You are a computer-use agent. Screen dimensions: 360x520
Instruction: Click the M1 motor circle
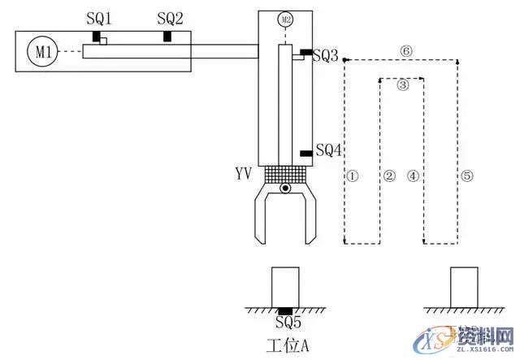[43, 53]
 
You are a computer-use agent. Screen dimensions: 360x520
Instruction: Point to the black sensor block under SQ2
[167, 37]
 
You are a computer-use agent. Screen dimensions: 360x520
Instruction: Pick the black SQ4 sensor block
[305, 153]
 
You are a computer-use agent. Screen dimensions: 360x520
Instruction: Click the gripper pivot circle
[284, 189]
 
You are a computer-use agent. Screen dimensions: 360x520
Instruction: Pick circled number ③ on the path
[402, 84]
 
